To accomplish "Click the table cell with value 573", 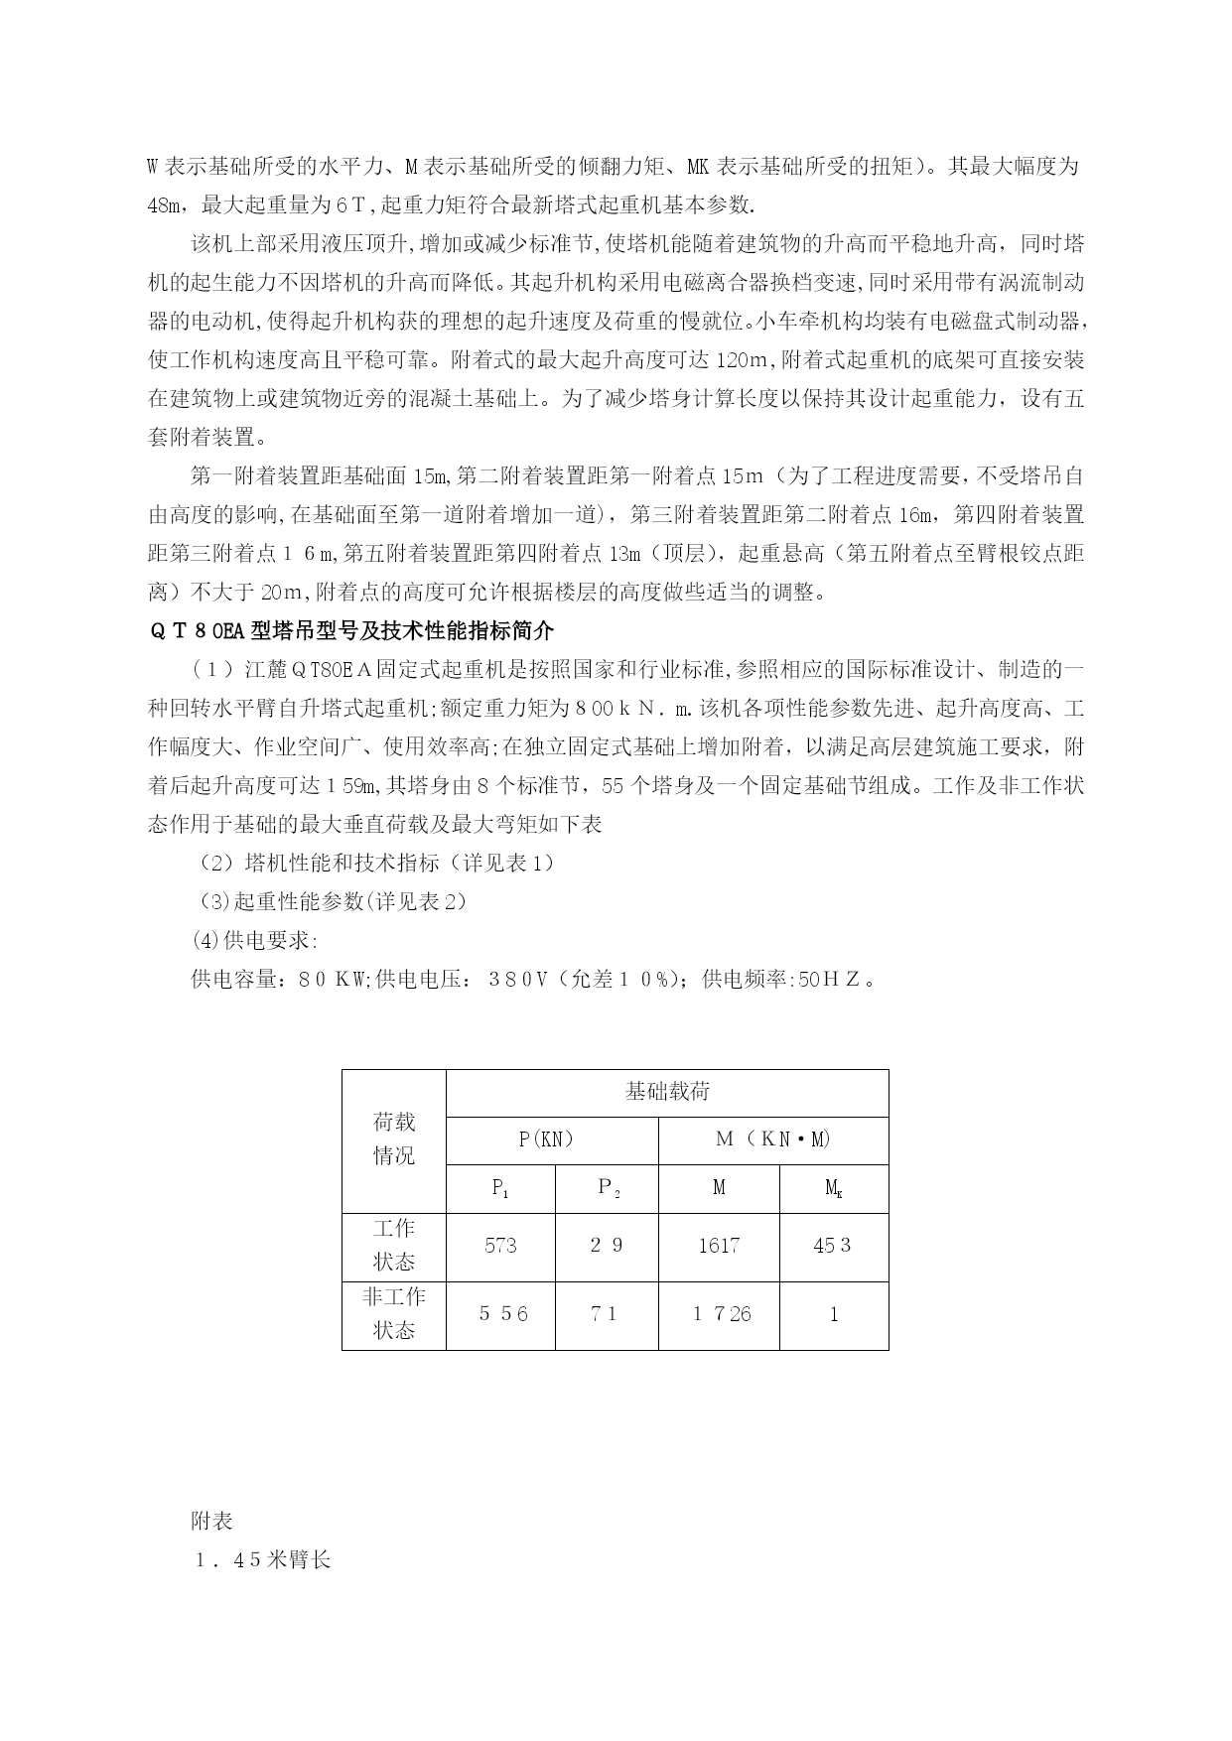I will point(500,1246).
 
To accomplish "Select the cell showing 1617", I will point(719,1246).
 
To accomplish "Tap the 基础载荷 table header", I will point(667,1092).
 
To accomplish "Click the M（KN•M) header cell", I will point(773,1139).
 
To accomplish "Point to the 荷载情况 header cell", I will point(394,1139).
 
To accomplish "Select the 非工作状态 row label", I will point(394,1314).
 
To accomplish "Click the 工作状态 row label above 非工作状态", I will point(394,1246).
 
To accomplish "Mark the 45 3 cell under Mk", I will point(833,1246).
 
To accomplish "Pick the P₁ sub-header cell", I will point(500,1188).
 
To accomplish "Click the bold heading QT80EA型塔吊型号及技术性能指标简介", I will point(351,631).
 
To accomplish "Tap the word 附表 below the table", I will point(211,1522).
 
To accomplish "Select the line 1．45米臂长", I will point(262,1560).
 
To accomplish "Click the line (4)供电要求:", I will point(255,941).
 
